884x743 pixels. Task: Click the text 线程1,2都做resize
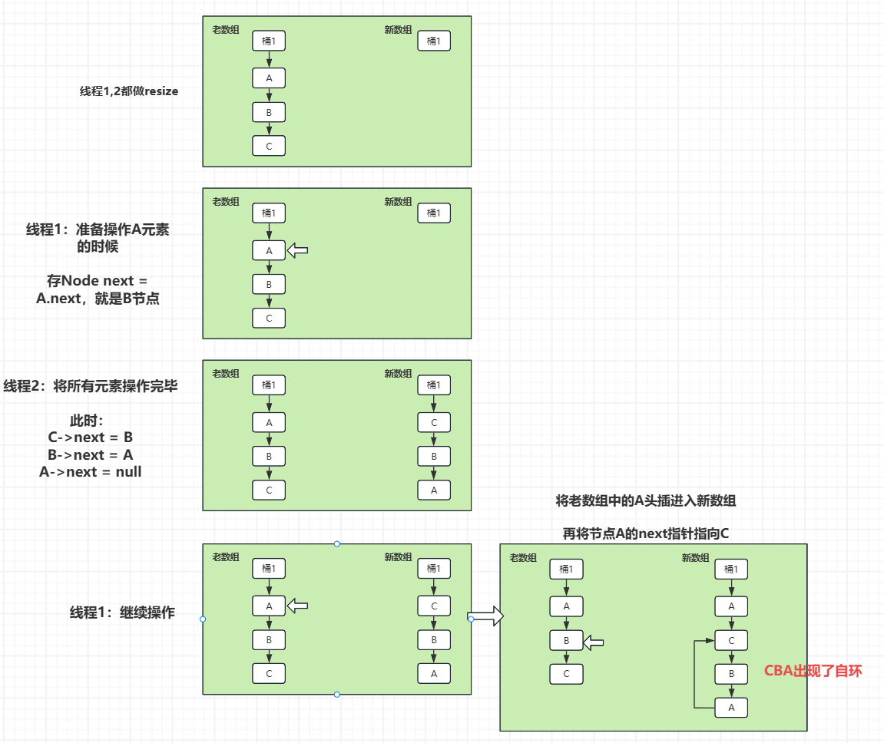tap(129, 91)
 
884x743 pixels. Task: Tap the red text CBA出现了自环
tap(813, 671)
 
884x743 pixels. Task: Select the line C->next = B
tap(91, 438)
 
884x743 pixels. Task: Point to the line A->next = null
tap(91, 472)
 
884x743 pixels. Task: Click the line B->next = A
tap(91, 454)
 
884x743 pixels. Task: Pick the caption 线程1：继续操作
tap(122, 613)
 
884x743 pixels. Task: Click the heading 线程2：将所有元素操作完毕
tap(91, 386)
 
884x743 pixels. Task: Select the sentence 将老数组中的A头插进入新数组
tap(645, 501)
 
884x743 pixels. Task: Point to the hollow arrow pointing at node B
tap(594, 642)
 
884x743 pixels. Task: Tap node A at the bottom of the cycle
tap(731, 708)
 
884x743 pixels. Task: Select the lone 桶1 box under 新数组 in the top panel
tap(434, 41)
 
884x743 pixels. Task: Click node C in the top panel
tap(269, 146)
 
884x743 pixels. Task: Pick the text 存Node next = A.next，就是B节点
tap(98, 290)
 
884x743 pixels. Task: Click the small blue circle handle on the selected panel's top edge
tap(336, 543)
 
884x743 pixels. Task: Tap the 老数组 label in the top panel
tap(226, 30)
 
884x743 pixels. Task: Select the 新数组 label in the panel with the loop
tap(695, 558)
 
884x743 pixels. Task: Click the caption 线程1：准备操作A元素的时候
tap(98, 238)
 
